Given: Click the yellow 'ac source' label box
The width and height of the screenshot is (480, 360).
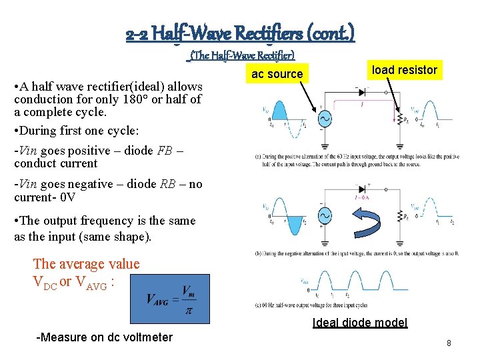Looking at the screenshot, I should click(x=277, y=74).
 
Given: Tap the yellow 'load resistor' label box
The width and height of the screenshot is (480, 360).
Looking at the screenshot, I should click(x=404, y=70).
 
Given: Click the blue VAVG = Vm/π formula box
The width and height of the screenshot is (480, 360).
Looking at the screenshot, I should click(x=169, y=299).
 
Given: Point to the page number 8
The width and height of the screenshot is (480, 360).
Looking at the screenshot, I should click(x=449, y=343).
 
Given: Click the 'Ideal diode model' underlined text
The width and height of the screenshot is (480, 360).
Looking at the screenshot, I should click(x=360, y=323).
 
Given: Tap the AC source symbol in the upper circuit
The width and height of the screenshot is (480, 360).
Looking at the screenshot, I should click(x=325, y=118).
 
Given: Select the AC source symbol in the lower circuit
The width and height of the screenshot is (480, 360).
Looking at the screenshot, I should click(x=325, y=217).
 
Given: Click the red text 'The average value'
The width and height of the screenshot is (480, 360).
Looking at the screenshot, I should click(x=86, y=264).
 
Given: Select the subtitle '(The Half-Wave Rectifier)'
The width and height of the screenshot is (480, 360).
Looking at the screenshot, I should click(x=242, y=55).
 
